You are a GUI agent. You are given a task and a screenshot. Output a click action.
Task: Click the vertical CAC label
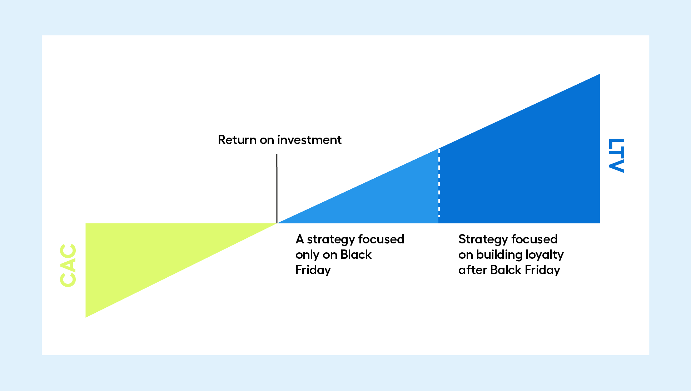click(x=68, y=265)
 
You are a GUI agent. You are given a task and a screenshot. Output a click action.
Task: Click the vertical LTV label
click(x=616, y=155)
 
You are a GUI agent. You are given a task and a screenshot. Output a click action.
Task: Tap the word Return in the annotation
click(x=237, y=140)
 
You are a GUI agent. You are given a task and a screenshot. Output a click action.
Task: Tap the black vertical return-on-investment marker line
click(x=277, y=189)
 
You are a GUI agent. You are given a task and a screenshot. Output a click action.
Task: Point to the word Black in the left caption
click(x=356, y=254)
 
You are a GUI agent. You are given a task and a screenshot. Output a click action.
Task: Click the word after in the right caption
click(x=472, y=270)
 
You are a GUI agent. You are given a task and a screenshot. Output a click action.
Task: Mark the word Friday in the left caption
click(x=313, y=270)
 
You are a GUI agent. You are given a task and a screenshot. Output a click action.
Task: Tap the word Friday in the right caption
click(x=543, y=270)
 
